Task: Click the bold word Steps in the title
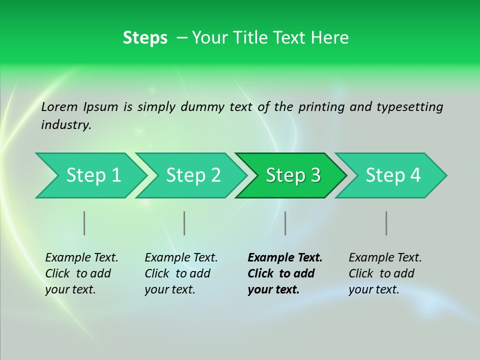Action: point(145,38)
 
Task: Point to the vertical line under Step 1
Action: point(84,223)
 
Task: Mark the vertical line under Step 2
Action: point(184,223)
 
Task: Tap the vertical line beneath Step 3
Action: point(285,223)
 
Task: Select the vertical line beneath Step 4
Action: point(386,223)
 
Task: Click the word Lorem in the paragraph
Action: point(59,106)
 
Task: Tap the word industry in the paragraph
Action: point(66,125)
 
